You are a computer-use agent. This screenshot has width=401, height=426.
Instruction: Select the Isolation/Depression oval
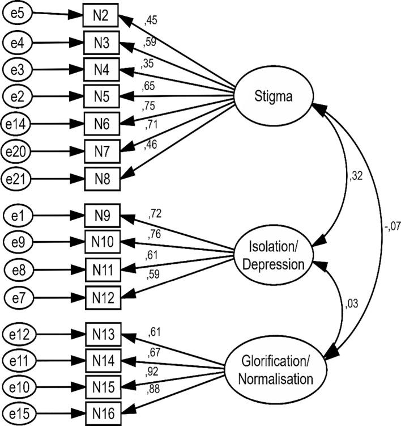[274, 256]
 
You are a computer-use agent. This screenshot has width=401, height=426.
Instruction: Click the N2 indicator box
[100, 15]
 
